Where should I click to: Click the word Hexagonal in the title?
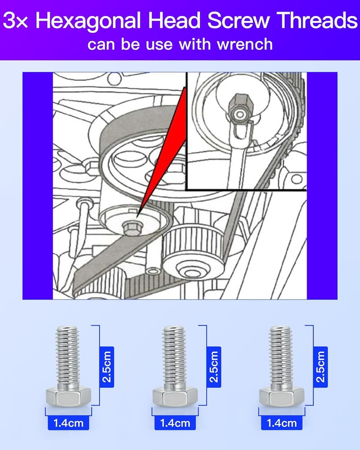point(88,21)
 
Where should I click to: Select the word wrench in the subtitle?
point(245,44)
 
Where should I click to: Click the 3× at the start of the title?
point(15,20)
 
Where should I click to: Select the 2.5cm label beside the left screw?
point(107,367)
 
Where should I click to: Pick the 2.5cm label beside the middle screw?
point(214,367)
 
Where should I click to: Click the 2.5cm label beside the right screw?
point(320,367)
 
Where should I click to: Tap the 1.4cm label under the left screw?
point(68,423)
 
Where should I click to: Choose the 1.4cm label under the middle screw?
point(175,423)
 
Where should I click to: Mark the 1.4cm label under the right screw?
point(282,423)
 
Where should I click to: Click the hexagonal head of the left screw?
point(68,396)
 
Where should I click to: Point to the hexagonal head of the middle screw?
point(175,396)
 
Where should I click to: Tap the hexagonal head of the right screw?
point(282,396)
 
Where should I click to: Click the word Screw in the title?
point(238,20)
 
